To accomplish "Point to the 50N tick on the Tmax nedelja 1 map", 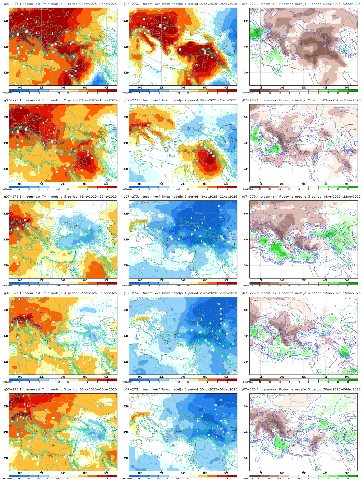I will click(126, 21).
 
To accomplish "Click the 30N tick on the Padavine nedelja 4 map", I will click(246, 362).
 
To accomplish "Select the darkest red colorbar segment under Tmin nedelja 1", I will click(112, 90).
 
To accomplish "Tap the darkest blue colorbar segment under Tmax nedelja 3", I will click(134, 283).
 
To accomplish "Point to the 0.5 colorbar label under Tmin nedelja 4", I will click(68, 382).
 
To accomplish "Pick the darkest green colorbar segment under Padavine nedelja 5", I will click(353, 476).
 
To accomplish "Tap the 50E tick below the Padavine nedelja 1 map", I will click(347, 87).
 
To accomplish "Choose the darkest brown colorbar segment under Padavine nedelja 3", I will click(254, 283).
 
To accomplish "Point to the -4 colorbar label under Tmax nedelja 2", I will click(139, 189).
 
